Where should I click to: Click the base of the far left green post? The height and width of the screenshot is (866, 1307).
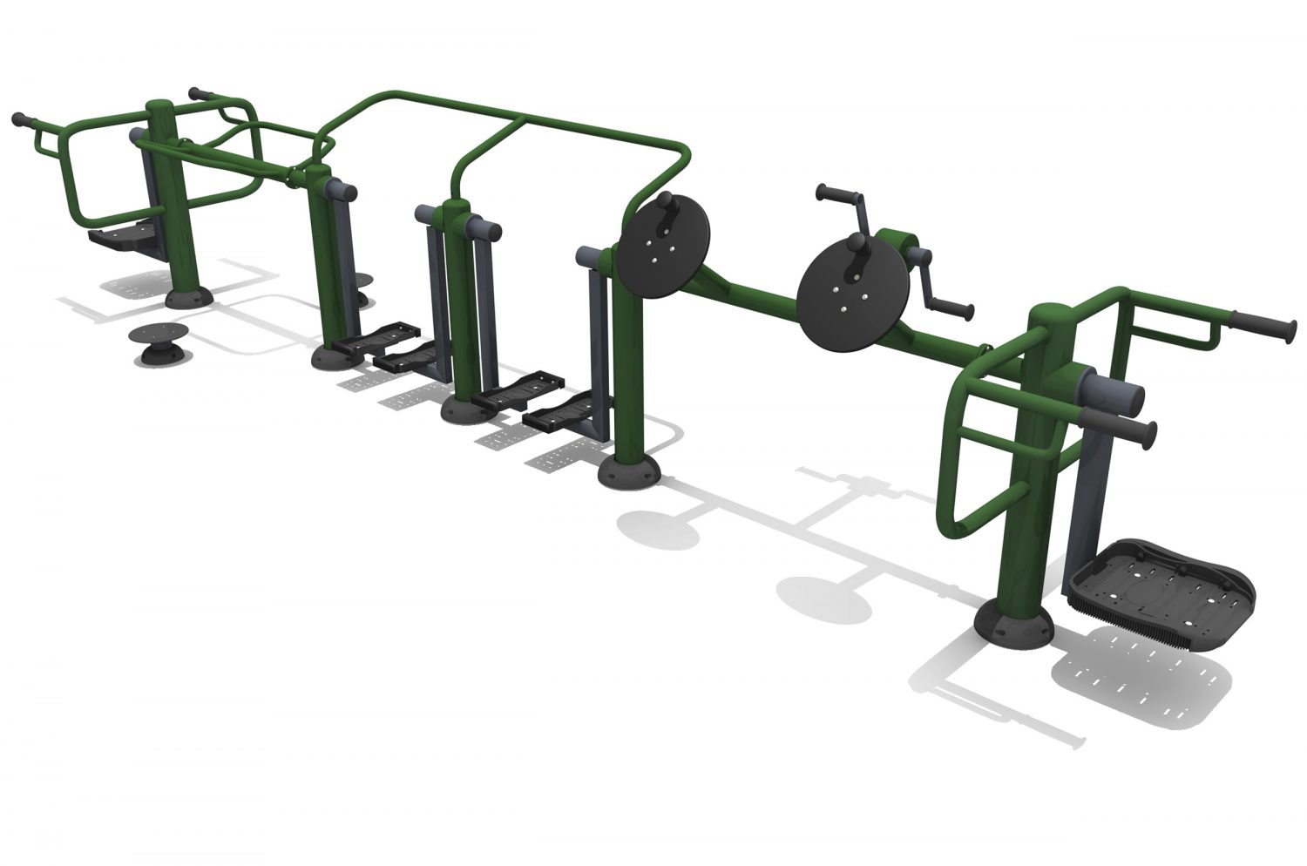[189, 299]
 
